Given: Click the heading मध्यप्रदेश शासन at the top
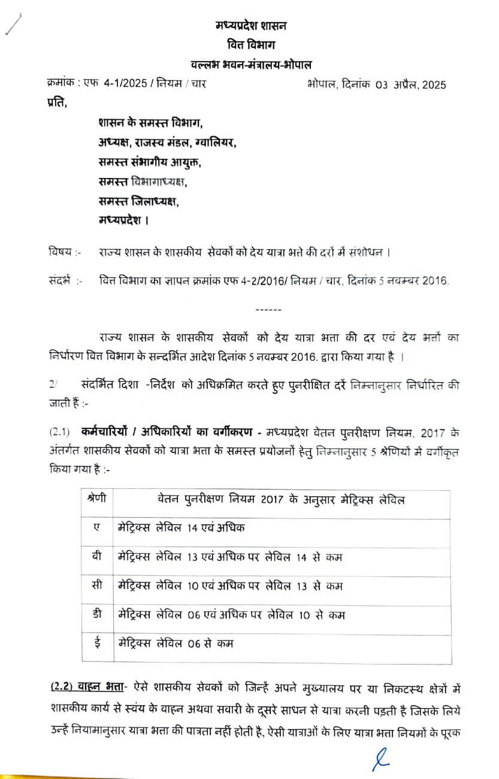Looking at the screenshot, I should pyautogui.click(x=251, y=25).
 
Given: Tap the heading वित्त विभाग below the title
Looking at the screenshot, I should pyautogui.click(x=251, y=45).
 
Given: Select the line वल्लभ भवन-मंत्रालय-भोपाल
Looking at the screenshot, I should pyautogui.click(x=251, y=65).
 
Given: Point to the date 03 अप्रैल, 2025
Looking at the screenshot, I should pyautogui.click(x=412, y=84).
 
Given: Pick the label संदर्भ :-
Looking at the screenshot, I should pyautogui.click(x=63, y=279).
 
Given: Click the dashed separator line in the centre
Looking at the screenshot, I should pyautogui.click(x=264, y=309).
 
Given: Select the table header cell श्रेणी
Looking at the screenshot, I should pyautogui.click(x=96, y=499).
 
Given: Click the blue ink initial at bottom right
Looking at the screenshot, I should pyautogui.click(x=380, y=758).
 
